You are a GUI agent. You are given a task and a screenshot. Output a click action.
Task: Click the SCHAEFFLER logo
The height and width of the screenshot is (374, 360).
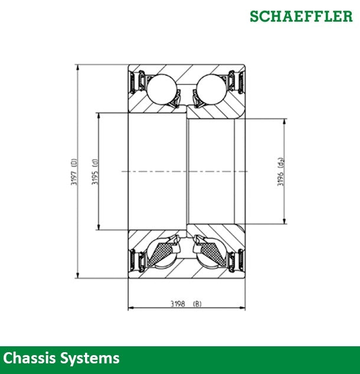pos(300,16)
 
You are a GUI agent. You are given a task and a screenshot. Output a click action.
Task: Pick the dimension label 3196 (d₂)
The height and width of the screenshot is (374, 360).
pos(282,172)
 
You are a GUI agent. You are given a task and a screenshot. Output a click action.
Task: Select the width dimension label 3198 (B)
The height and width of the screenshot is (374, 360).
pos(185,304)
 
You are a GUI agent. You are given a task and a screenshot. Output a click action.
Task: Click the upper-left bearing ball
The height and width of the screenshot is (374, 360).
pos(161,90)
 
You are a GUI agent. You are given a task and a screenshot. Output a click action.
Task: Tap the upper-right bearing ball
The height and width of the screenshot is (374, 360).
pos(211,90)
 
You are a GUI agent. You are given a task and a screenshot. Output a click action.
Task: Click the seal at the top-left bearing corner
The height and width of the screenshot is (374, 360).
pos(139,81)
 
